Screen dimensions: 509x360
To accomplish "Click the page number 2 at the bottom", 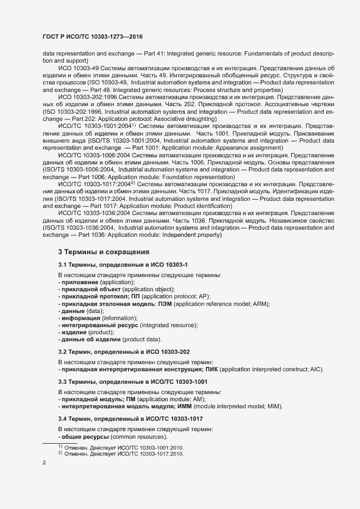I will (45, 463).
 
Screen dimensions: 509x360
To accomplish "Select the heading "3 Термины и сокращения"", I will (103, 252).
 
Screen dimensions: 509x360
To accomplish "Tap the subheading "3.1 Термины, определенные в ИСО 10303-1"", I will (123, 265).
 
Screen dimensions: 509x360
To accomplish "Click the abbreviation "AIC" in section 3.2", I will (316, 370).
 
